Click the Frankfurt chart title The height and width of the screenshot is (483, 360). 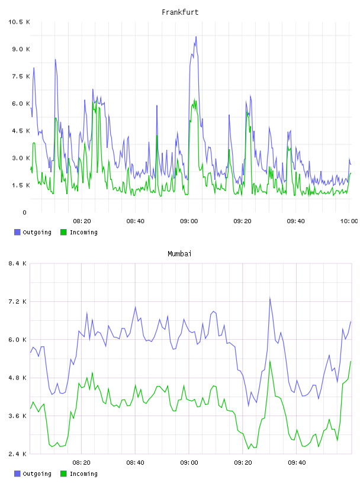tap(180, 12)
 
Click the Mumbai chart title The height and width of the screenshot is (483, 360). tap(179, 253)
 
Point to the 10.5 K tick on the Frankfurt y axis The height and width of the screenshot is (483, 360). tap(19, 22)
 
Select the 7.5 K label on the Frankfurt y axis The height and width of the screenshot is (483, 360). tap(21, 76)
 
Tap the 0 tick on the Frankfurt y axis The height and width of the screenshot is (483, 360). tap(24, 212)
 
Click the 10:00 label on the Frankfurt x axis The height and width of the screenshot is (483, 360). tap(349, 221)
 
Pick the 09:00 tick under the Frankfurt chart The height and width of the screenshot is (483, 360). tap(189, 221)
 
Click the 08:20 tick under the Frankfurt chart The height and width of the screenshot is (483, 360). tap(82, 221)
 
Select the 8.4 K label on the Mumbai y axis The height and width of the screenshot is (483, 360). tap(17, 263)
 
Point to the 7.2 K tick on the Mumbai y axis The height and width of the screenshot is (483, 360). tap(17, 301)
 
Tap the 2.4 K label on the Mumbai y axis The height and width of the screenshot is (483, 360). tap(17, 454)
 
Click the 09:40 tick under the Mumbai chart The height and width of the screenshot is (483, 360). tap(297, 462)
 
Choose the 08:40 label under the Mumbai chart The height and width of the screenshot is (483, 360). tap(136, 462)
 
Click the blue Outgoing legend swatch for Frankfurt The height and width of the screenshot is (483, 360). tap(17, 232)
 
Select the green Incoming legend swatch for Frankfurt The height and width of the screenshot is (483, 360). tap(63, 232)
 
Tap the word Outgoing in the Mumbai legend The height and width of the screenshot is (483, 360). tap(37, 474)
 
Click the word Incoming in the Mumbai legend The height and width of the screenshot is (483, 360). tap(83, 474)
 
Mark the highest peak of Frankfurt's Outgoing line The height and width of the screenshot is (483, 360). tap(196, 36)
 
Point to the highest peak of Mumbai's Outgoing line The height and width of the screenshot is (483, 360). tap(269, 298)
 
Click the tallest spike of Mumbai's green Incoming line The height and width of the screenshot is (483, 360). tap(270, 361)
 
